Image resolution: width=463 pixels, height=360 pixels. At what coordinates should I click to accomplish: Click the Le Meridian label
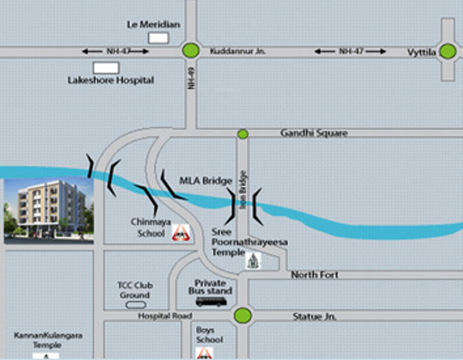point(153,25)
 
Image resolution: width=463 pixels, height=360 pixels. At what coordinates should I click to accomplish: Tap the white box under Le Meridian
point(159,38)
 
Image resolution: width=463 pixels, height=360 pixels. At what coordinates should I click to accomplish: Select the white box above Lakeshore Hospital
point(106,68)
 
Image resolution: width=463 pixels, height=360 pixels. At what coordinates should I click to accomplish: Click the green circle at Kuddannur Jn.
point(191,50)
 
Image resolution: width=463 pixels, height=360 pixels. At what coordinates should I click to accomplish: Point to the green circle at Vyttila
point(447,51)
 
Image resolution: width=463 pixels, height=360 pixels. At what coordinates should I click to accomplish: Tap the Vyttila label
point(422,52)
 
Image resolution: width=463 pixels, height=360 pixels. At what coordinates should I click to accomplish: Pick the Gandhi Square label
point(314,133)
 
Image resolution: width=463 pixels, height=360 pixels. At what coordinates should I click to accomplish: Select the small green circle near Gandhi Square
point(243,134)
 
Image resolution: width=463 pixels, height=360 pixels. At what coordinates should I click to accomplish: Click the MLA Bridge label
point(206,181)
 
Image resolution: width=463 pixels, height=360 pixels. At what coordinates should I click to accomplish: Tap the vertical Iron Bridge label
point(243,189)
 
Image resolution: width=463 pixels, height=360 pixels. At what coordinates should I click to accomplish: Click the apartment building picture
point(49,211)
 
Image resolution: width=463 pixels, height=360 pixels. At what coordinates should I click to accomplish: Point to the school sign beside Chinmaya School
point(181,233)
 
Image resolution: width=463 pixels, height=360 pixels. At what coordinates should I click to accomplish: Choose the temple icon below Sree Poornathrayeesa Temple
point(253,261)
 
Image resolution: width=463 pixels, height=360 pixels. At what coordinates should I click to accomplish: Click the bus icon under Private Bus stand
point(211,302)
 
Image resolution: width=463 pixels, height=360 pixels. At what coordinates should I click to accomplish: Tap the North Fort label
point(314,275)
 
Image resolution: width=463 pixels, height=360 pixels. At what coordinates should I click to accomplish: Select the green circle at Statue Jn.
point(243,316)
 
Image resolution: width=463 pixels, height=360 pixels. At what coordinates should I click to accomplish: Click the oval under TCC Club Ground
point(136,305)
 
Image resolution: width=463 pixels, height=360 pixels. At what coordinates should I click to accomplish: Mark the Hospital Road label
point(165,316)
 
